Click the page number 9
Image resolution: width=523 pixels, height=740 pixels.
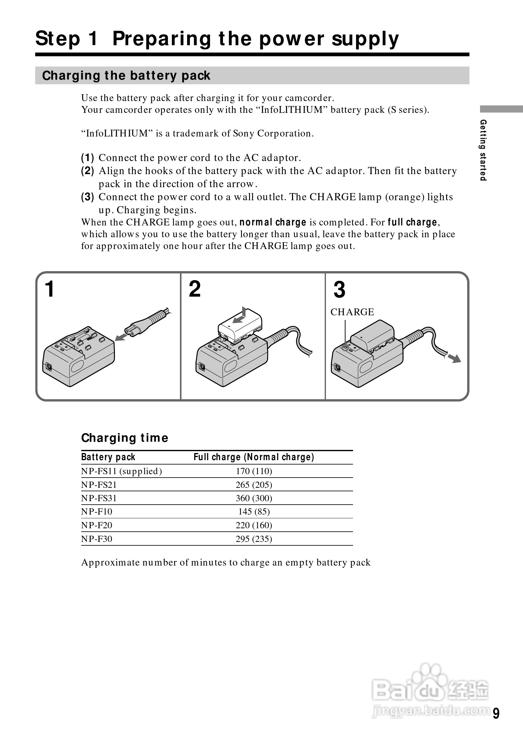pos(496,713)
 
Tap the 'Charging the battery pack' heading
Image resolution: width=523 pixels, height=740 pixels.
pos(126,76)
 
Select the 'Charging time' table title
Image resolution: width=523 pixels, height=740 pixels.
pos(125,438)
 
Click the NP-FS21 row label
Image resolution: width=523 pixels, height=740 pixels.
pos(99,485)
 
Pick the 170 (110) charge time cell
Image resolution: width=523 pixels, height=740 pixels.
pos(254,471)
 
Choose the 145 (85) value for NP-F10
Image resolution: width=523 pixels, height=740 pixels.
pos(254,511)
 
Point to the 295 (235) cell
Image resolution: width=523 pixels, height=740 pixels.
pos(254,539)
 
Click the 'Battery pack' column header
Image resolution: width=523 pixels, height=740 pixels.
pos(108,457)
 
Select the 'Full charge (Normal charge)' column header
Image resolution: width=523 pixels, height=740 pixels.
pos(254,457)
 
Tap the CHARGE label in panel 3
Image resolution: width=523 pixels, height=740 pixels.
pos(352,312)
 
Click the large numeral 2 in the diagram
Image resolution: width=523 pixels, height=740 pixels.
pos(195,289)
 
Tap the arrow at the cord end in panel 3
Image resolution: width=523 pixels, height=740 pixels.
pos(455,358)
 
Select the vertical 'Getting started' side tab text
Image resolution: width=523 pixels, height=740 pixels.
pos(483,150)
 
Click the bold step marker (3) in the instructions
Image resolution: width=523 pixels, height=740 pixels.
pos(87,197)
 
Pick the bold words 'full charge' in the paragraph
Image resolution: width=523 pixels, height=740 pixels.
pos(412,222)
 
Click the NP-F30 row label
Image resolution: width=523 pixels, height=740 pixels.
pos(97,539)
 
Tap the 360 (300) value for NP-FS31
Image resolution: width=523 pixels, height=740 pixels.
pos(254,498)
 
